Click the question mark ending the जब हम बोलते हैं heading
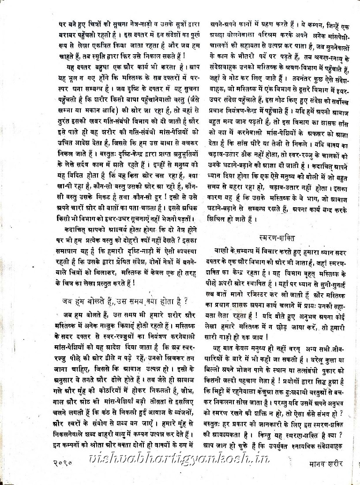click(186, 301)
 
